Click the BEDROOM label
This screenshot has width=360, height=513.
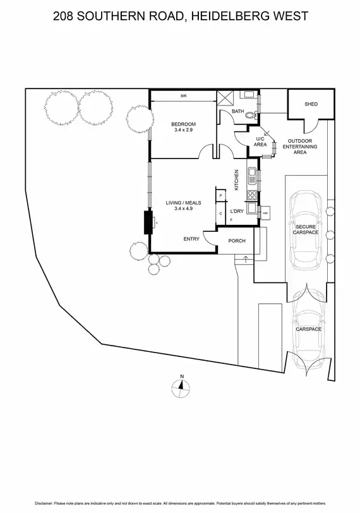pyautogui.click(x=184, y=123)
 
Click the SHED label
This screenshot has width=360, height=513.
pyautogui.click(x=311, y=104)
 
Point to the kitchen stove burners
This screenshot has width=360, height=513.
pyautogui.click(x=251, y=195)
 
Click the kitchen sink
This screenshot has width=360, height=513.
pyautogui.click(x=251, y=174)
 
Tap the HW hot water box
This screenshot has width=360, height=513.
pyautogui.click(x=265, y=213)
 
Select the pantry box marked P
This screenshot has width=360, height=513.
pyautogui.click(x=220, y=196)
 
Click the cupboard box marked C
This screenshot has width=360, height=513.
pyautogui.click(x=220, y=214)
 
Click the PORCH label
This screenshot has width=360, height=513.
pyautogui.click(x=236, y=240)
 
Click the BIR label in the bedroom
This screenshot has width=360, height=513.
pyautogui.click(x=183, y=96)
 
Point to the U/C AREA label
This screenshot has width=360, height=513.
pyautogui.click(x=260, y=142)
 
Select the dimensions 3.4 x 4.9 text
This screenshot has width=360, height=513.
pyautogui.click(x=183, y=208)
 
